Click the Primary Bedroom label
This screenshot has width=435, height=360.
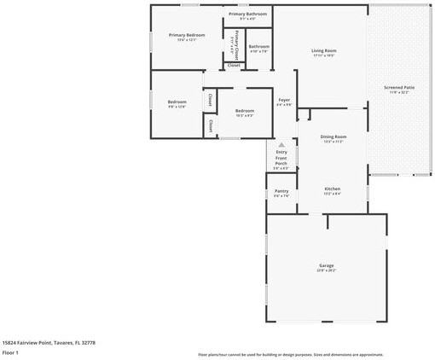click(x=186, y=35)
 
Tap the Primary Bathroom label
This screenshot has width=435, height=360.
click(x=247, y=15)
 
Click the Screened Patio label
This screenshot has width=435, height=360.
click(x=398, y=86)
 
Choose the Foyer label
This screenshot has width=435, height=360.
click(x=284, y=100)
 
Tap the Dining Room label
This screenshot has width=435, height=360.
click(x=333, y=136)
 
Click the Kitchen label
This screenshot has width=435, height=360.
click(x=332, y=189)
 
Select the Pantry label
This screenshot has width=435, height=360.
click(x=281, y=191)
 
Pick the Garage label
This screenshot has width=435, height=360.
click(x=327, y=265)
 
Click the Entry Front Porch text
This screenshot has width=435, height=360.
click(x=281, y=157)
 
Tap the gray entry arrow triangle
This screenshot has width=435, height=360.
click(x=281, y=145)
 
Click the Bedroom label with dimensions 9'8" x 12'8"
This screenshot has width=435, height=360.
click(x=177, y=102)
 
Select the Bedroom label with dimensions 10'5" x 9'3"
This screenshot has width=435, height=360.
click(x=245, y=111)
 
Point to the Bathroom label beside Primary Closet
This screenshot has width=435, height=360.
click(x=258, y=46)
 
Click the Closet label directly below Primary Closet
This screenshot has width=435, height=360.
click(x=234, y=65)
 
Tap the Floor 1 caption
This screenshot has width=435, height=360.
click(x=10, y=351)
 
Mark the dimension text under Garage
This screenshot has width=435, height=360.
click(x=327, y=270)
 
